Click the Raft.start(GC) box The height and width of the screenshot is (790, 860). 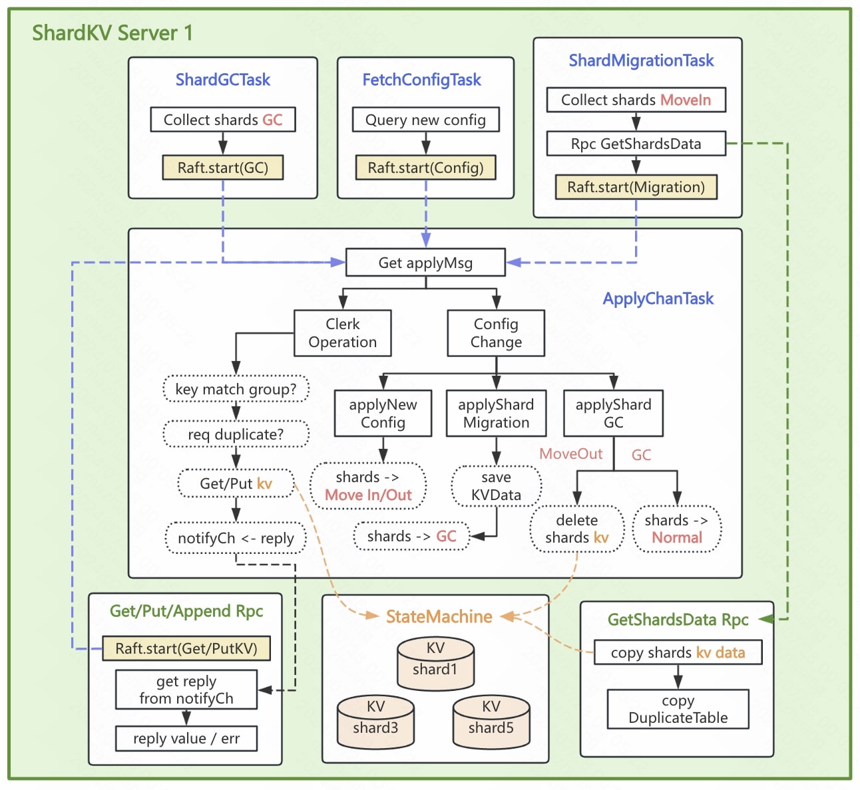222,168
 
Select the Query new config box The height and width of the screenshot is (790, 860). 425,120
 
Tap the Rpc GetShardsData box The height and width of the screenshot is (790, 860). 636,144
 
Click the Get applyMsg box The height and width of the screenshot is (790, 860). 425,263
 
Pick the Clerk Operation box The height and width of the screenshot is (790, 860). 343,333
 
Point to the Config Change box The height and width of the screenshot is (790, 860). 496,333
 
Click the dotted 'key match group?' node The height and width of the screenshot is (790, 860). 236,389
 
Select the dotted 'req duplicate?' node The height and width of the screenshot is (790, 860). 236,434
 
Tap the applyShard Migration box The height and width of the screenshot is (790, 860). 496,414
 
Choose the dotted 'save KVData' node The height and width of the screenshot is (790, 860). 496,486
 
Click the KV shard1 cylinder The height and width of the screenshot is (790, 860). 435,664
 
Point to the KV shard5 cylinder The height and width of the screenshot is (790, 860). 491,722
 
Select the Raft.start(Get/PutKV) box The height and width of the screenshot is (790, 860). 186,648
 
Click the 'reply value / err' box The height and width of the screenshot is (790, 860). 186,739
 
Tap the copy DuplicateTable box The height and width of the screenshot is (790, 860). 678,709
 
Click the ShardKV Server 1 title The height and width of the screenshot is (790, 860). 112,33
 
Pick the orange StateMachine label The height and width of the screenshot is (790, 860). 439,617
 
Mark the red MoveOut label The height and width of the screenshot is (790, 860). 570,454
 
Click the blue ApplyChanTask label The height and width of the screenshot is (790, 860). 658,299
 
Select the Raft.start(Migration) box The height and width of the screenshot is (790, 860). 636,188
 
